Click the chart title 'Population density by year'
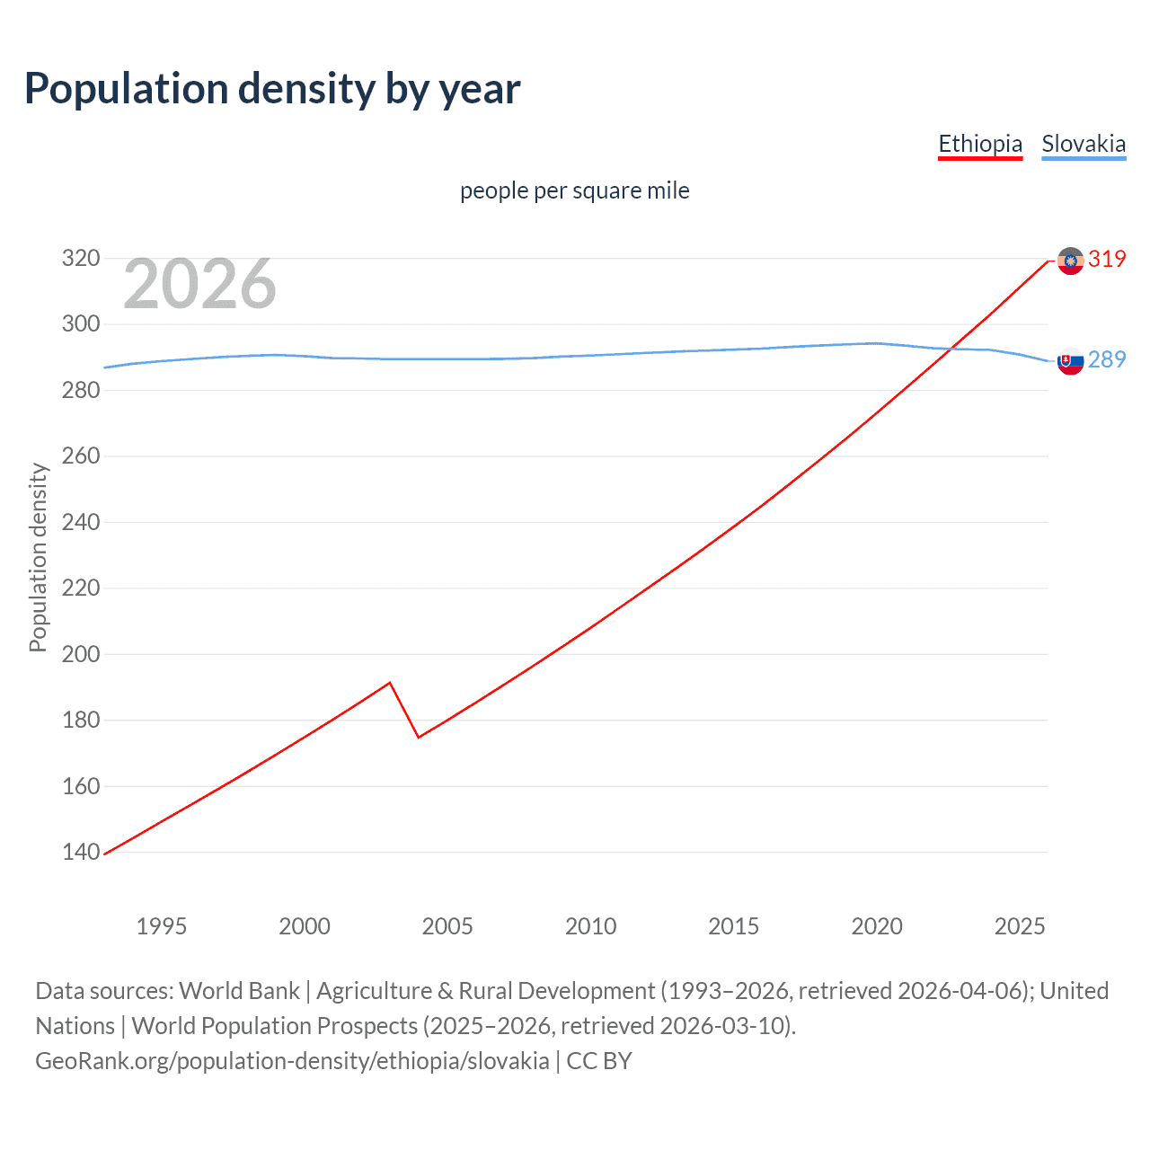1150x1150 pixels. [272, 89]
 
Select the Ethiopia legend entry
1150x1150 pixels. [980, 144]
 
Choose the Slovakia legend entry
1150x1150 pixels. [1084, 144]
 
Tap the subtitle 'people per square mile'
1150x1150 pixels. [574, 190]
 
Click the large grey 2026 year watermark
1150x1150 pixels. [199, 284]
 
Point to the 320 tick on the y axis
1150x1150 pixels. [80, 259]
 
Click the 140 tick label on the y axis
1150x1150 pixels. [80, 852]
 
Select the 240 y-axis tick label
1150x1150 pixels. [80, 522]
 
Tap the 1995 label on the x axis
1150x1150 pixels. [161, 926]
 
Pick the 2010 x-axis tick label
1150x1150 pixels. [590, 926]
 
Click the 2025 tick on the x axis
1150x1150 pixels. [1019, 926]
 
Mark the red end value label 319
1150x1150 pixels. [1107, 260]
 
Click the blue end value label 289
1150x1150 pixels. [1107, 360]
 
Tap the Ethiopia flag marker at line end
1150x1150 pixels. [1070, 261]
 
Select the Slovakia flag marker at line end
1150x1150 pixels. [1070, 361]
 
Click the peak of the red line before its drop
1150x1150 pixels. [389, 683]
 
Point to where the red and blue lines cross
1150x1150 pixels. [953, 349]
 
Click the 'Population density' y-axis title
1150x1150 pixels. [38, 557]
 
